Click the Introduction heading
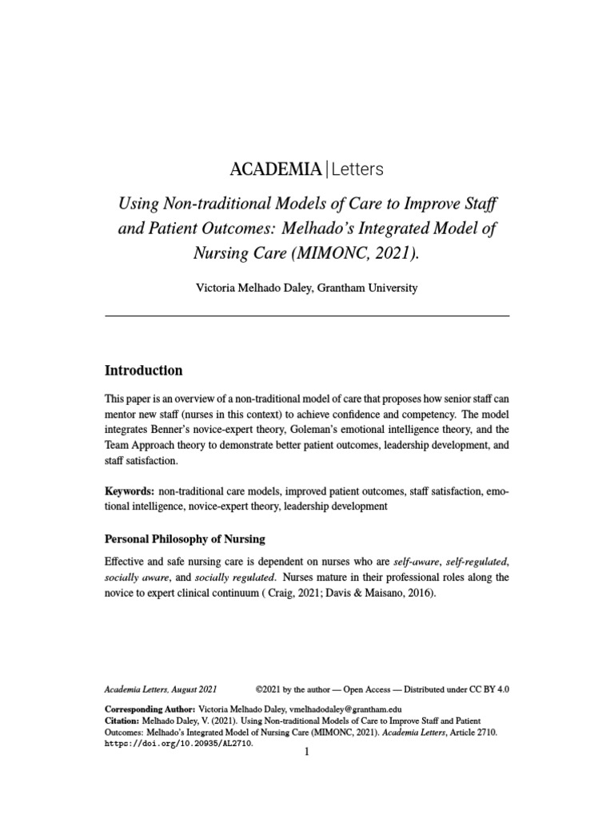pyautogui.click(x=144, y=371)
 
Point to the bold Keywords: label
pyautogui.click(x=129, y=491)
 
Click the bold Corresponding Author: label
pyautogui.click(x=150, y=709)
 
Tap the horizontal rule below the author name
pyautogui.click(x=307, y=316)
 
